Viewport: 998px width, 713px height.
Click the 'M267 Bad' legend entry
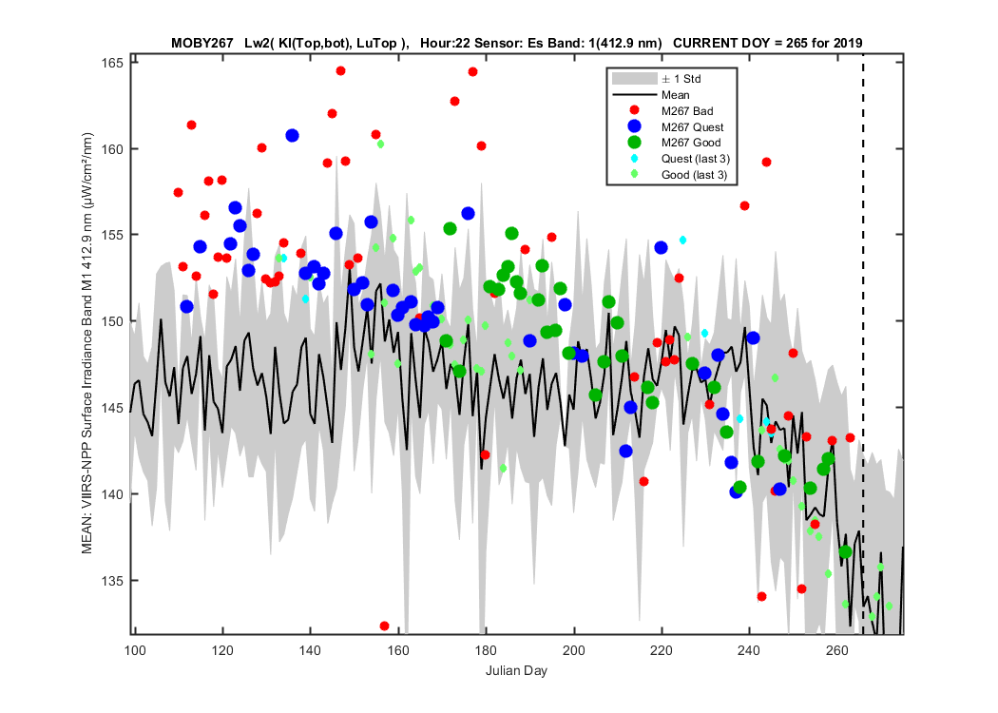pos(687,111)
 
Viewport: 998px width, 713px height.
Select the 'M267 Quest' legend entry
pos(692,126)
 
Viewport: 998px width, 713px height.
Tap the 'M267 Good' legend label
pos(691,143)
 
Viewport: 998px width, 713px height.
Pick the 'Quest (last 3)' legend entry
pos(695,159)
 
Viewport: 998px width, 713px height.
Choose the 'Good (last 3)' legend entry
pos(694,174)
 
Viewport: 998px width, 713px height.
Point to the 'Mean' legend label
pos(675,95)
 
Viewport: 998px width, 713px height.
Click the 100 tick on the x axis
pos(135,650)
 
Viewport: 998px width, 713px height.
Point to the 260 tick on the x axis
pos(837,650)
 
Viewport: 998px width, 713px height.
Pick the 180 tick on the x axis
pos(487,650)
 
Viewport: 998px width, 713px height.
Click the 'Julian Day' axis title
pos(516,671)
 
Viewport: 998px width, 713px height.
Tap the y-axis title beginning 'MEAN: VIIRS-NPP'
pos(87,343)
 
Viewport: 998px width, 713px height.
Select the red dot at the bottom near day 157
pos(384,626)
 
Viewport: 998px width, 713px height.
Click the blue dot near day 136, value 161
pos(292,136)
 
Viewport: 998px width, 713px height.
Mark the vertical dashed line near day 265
pos(863,344)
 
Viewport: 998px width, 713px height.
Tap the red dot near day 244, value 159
pos(767,163)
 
